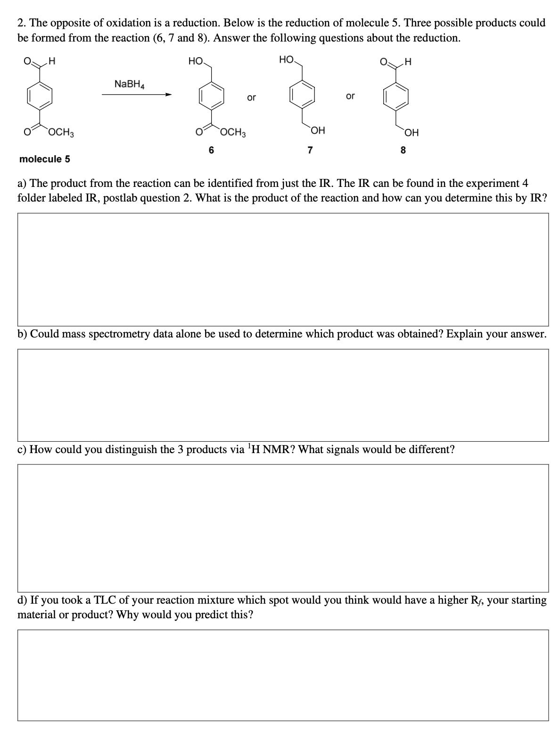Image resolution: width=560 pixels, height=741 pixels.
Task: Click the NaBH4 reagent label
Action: click(129, 84)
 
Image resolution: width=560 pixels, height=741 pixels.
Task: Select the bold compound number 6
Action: click(211, 150)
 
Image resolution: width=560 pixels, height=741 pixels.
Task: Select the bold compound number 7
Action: click(309, 150)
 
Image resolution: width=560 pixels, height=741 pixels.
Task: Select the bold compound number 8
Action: click(403, 150)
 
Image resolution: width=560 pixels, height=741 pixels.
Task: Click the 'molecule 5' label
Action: click(44, 159)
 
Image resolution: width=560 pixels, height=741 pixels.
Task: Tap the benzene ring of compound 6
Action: click(211, 97)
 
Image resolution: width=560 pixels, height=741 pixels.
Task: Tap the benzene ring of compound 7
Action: click(301, 97)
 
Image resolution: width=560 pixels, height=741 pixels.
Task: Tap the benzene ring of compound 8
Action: click(395, 97)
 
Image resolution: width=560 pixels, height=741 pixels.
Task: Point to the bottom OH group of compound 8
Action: click(411, 131)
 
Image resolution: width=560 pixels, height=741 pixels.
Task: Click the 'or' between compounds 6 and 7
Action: click(251, 98)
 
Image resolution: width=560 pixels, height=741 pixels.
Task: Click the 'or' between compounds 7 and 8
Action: click(350, 96)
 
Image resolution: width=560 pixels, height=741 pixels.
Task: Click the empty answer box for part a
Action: click(283, 269)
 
